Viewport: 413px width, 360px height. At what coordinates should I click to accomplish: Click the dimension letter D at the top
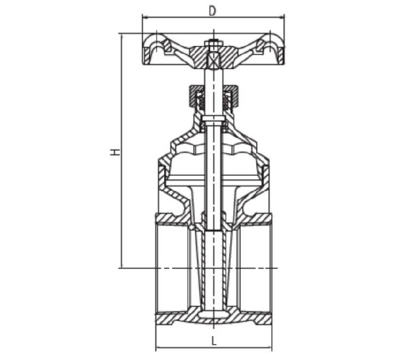coord(212,10)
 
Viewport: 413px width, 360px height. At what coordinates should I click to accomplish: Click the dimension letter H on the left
coord(114,152)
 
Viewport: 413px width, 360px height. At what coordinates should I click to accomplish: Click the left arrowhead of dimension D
coord(144,18)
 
